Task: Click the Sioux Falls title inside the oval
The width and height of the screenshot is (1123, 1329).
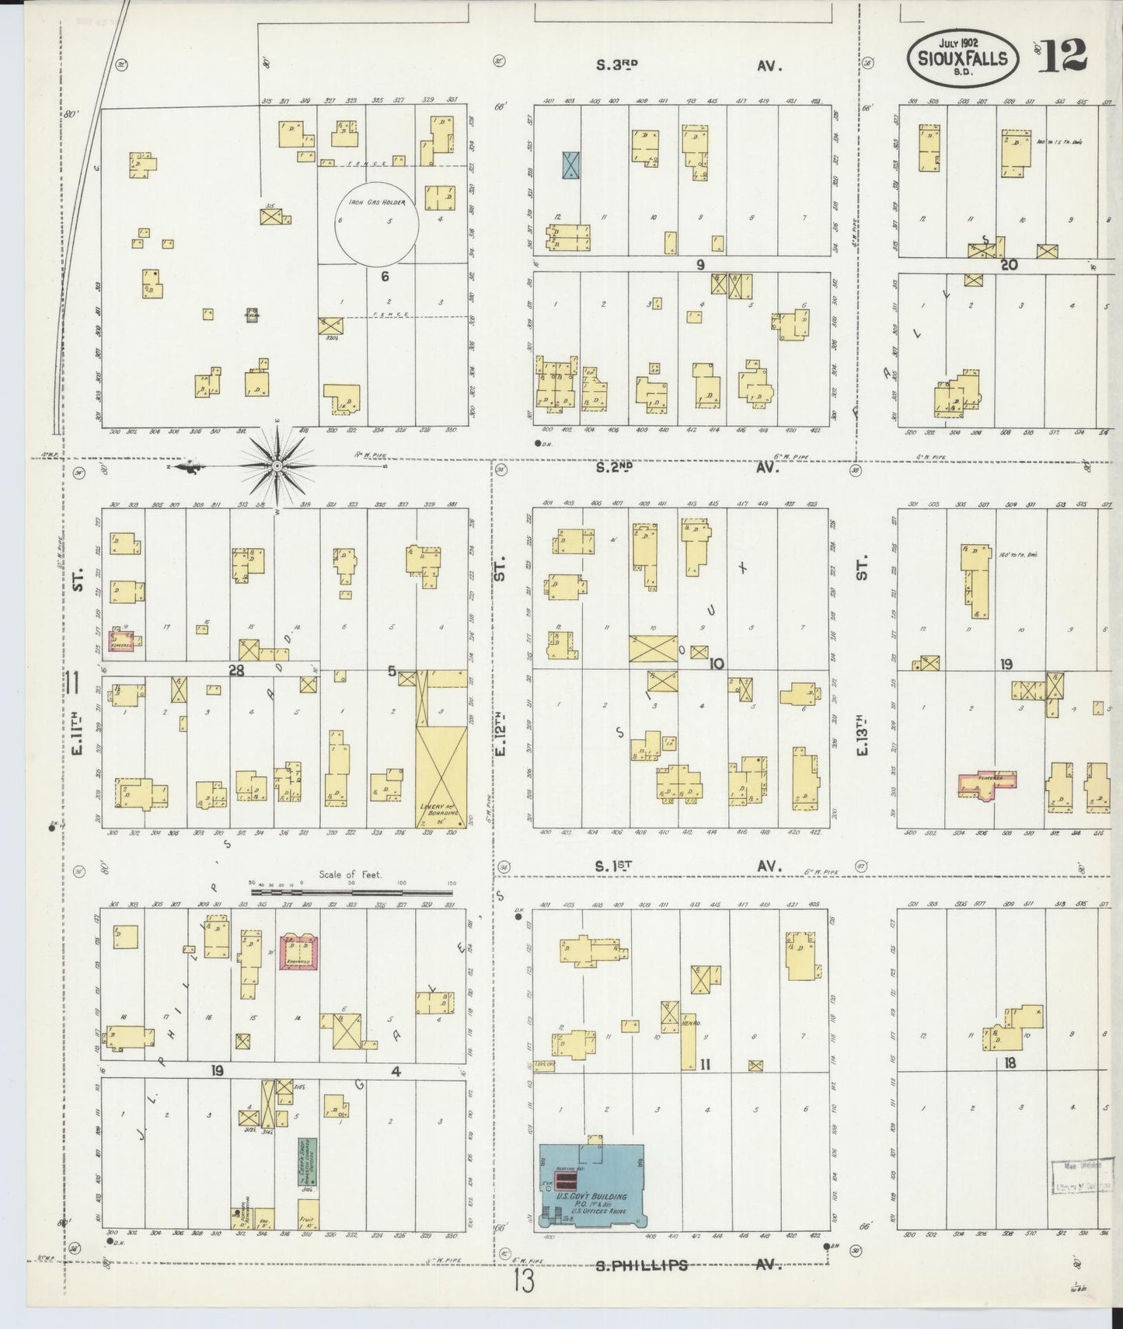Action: click(x=964, y=58)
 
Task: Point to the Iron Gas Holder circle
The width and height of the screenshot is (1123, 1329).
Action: click(x=376, y=223)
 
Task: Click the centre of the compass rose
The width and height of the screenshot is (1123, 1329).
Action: click(x=277, y=466)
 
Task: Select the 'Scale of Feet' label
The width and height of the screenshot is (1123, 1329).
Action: click(x=351, y=874)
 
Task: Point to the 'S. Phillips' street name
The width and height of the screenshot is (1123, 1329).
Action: click(x=642, y=1264)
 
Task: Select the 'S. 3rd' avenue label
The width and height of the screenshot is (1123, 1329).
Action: click(x=616, y=66)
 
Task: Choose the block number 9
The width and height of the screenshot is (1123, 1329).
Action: click(x=699, y=265)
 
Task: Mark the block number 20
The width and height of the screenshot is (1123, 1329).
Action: click(x=1009, y=265)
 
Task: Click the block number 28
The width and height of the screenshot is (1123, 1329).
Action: click(x=235, y=670)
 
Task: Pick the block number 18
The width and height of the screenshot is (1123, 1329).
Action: click(x=1009, y=1062)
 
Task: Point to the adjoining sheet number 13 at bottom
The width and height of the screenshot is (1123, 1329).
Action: click(x=525, y=1282)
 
